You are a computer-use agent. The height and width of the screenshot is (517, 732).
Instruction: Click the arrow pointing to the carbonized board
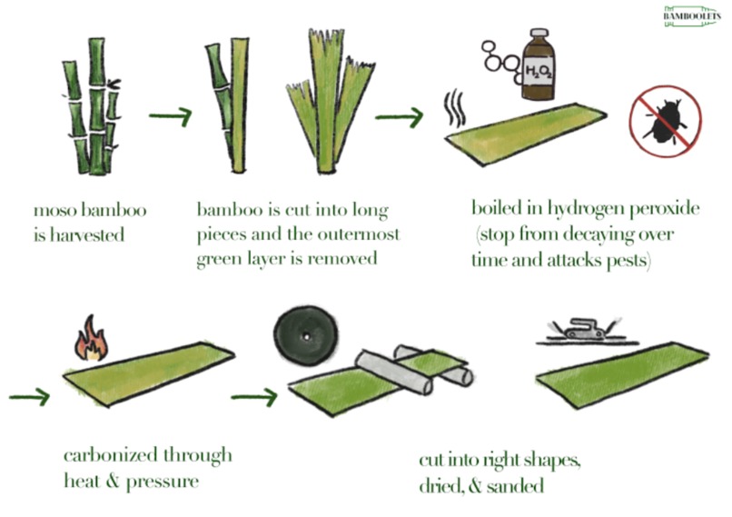click(29, 397)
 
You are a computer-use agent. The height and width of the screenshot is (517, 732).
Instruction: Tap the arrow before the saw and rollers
click(253, 396)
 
